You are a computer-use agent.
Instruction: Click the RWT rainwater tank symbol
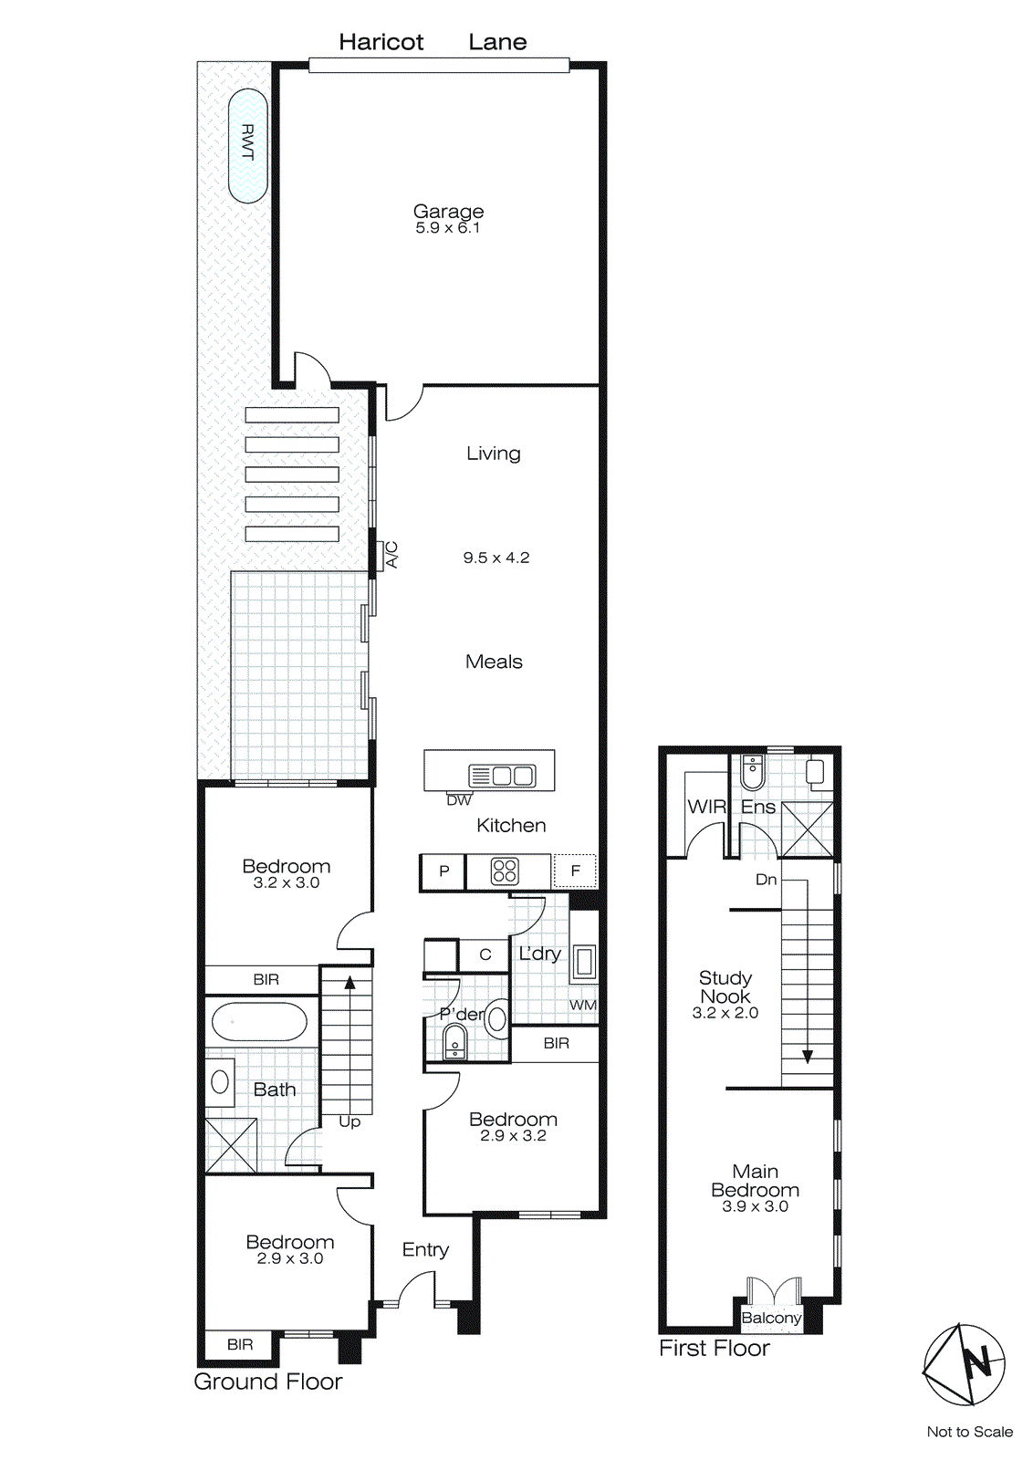tap(247, 144)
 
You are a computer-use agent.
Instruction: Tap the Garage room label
tap(448, 212)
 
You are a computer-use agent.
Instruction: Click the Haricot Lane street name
tap(433, 42)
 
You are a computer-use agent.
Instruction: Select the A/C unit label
tap(391, 554)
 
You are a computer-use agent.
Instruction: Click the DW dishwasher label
tap(459, 800)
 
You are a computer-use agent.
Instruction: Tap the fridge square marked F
tap(575, 871)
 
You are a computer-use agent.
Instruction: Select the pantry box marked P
tap(443, 871)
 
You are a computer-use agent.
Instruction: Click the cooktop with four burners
tap(505, 871)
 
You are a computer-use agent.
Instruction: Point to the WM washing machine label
tap(582, 1005)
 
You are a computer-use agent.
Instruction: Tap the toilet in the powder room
tap(454, 1041)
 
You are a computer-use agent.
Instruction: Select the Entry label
tap(425, 1249)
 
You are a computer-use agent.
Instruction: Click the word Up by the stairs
tap(350, 1121)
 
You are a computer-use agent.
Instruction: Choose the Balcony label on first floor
tap(771, 1318)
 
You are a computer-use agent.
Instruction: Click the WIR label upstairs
tap(706, 807)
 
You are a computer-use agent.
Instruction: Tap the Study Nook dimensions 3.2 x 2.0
tap(725, 1013)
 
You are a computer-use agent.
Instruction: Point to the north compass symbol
tap(965, 1364)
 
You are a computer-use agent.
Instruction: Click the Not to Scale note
tap(969, 1432)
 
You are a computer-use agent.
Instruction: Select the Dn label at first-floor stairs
tap(766, 880)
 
